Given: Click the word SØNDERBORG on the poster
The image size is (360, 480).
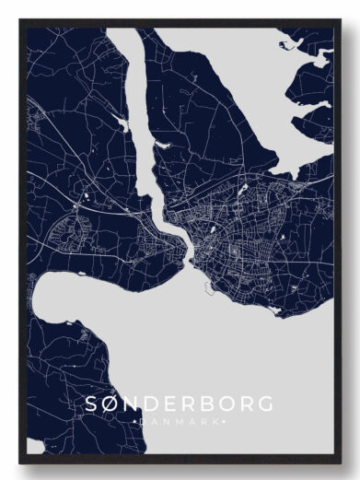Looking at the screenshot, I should [179, 404].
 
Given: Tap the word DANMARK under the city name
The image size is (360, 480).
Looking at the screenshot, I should [179, 421].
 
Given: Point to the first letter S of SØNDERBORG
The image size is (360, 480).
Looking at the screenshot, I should [91, 404].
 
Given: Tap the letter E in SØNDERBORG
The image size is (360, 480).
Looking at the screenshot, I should [169, 404].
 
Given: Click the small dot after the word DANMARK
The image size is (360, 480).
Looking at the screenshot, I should [223, 421].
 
